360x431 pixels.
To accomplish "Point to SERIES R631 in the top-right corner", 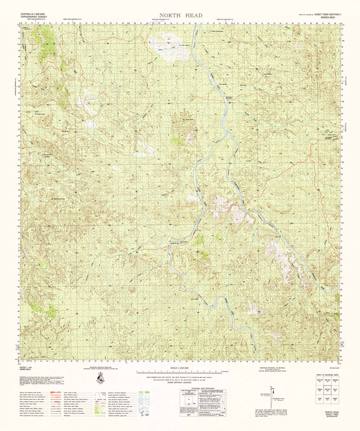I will tap(330, 17).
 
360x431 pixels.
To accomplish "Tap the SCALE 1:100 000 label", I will tap(180, 369).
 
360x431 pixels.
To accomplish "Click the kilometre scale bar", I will tap(180, 372).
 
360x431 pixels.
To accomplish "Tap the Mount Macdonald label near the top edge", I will tap(227, 32).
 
